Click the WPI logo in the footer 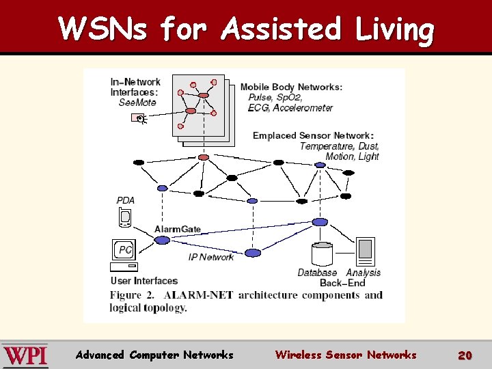click(x=25, y=355)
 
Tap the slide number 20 click(x=465, y=355)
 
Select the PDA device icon click(x=124, y=217)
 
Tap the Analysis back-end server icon click(x=366, y=251)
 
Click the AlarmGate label click(x=178, y=229)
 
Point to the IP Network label click(x=211, y=257)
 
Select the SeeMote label click(x=137, y=102)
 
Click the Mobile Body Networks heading click(x=291, y=87)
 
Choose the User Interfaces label click(x=144, y=281)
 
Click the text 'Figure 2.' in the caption click(x=133, y=295)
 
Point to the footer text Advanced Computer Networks click(x=154, y=355)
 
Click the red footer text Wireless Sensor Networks click(x=345, y=355)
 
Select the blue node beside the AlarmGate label click(x=162, y=240)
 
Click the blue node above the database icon click(x=320, y=222)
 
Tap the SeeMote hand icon click(x=139, y=119)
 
